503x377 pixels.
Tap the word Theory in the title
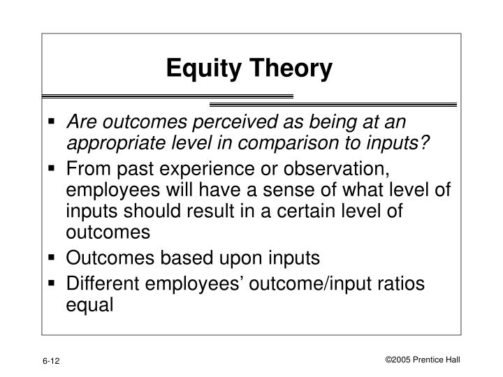click(x=293, y=68)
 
